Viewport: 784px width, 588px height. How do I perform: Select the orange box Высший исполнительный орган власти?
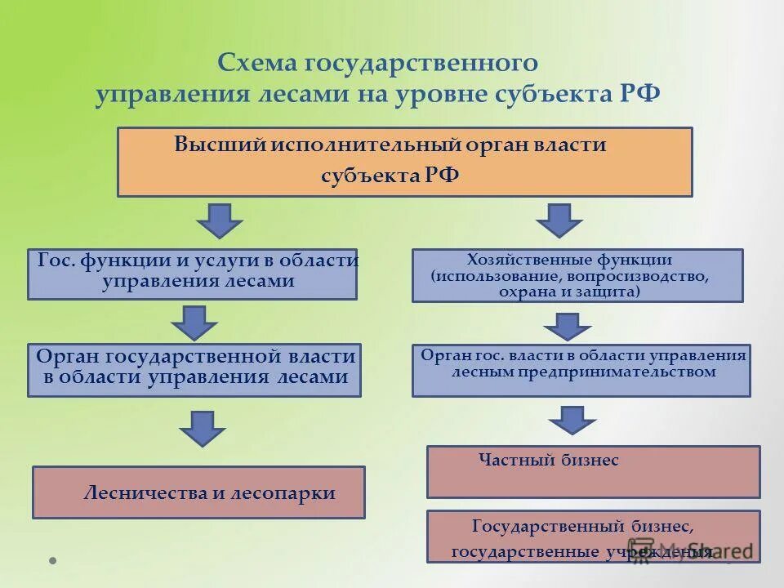point(404,162)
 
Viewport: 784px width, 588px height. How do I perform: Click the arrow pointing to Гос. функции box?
point(219,220)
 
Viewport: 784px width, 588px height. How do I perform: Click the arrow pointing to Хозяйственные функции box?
point(559,220)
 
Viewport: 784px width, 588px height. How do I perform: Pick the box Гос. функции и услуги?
point(192,274)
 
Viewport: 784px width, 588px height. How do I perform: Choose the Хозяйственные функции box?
point(577,275)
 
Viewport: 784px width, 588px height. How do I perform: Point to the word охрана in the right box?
point(532,292)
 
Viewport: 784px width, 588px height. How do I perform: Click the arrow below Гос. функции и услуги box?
point(194,322)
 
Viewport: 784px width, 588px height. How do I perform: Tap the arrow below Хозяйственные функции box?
point(567,327)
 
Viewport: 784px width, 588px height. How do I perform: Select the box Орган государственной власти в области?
point(194,370)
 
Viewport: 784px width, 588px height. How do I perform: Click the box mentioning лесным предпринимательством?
point(581,370)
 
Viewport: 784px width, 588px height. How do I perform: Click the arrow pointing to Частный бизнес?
point(572,419)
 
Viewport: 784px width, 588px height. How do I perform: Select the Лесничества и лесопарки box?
point(198,492)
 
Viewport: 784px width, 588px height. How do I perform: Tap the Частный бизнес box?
point(593,471)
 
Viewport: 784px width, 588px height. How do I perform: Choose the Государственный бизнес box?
point(593,537)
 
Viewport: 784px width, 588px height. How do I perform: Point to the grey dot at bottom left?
point(53,561)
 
